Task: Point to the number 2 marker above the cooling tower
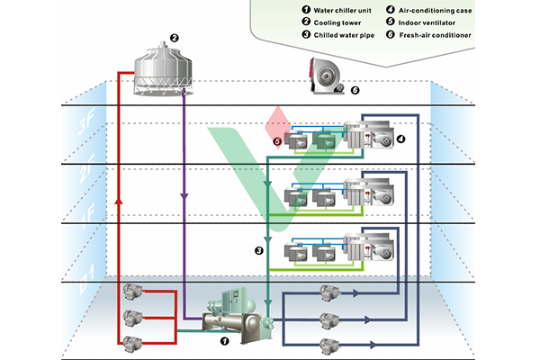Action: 175,39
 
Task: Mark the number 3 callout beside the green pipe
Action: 258,250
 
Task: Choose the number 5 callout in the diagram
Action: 277,142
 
